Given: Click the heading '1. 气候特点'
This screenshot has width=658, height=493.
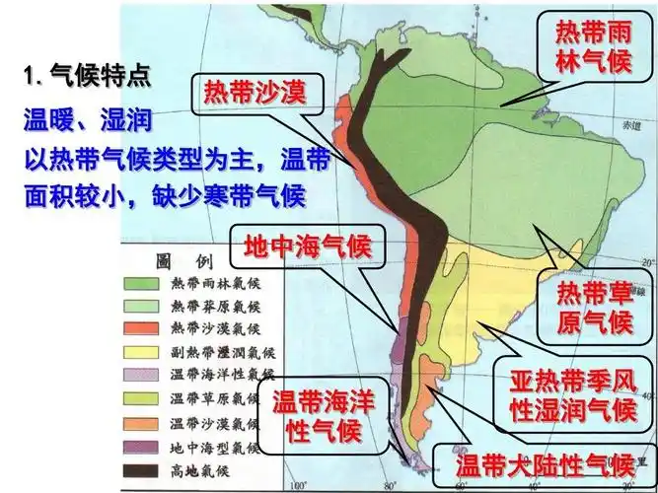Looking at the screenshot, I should click(88, 74).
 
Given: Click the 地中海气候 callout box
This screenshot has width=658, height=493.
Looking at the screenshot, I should click(307, 246).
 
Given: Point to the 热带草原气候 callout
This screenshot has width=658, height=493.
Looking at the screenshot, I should click(593, 306).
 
